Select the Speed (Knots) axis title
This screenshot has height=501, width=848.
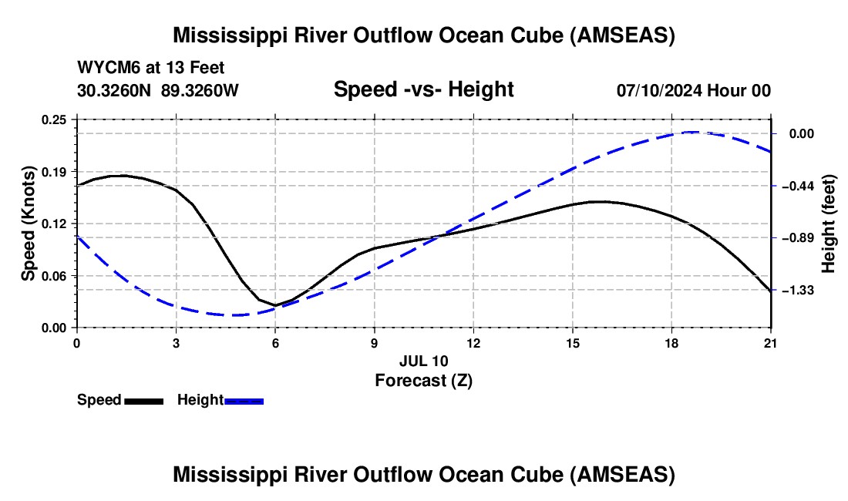pyautogui.click(x=29, y=224)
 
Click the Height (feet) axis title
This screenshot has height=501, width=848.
pyautogui.click(x=829, y=224)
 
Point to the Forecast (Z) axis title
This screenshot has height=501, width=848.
pyautogui.click(x=423, y=380)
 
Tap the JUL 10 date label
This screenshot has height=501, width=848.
pyautogui.click(x=423, y=361)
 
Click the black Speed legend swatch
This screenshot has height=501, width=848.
pyautogui.click(x=143, y=400)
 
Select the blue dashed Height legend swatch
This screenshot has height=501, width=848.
pyautogui.click(x=244, y=400)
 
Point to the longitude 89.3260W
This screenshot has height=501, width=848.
pyautogui.click(x=200, y=90)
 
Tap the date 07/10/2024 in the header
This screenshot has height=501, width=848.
pyautogui.click(x=660, y=90)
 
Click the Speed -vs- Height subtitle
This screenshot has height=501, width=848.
pyautogui.click(x=423, y=89)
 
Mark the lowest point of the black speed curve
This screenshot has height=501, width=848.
pyautogui.click(x=274, y=305)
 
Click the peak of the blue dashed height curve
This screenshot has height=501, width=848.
pyautogui.click(x=692, y=132)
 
